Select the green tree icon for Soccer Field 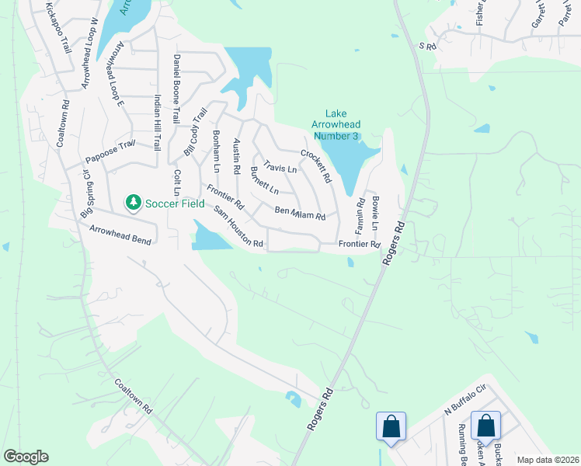click(134, 202)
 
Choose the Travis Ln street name click(280, 167)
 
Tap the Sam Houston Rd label click(240, 228)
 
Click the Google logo click(26, 457)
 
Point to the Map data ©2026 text click(548, 460)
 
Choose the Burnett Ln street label click(264, 180)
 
